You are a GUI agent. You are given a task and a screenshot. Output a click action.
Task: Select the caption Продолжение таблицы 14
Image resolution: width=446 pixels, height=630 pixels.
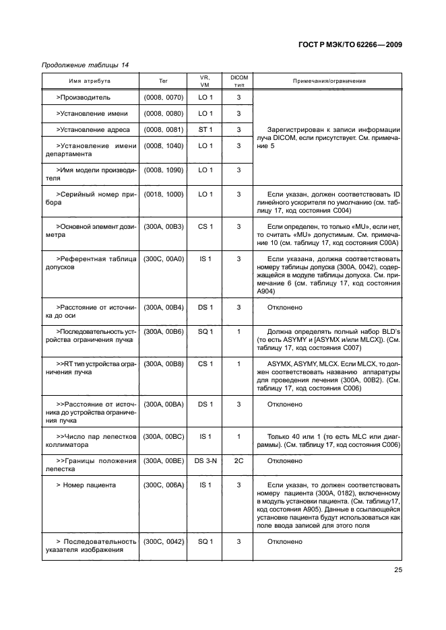(x=86, y=65)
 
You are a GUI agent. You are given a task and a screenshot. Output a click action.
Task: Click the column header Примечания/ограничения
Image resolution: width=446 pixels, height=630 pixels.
(x=329, y=81)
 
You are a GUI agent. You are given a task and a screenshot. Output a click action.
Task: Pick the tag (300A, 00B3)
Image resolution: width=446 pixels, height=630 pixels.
(x=163, y=226)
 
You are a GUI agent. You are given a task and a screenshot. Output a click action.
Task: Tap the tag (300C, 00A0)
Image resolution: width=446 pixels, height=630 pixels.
(x=163, y=258)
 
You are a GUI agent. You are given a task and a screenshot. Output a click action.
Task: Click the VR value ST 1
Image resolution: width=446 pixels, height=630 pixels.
(x=206, y=129)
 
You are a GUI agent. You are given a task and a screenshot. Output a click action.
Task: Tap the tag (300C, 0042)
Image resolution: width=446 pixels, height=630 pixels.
(x=163, y=541)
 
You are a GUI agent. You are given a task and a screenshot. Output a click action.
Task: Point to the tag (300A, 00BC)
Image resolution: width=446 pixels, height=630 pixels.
(x=163, y=437)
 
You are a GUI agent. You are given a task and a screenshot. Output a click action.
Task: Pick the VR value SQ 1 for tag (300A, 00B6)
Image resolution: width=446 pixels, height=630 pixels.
(x=206, y=332)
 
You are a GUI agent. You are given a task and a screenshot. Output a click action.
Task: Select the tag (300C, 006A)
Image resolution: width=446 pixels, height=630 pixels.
(x=163, y=485)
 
